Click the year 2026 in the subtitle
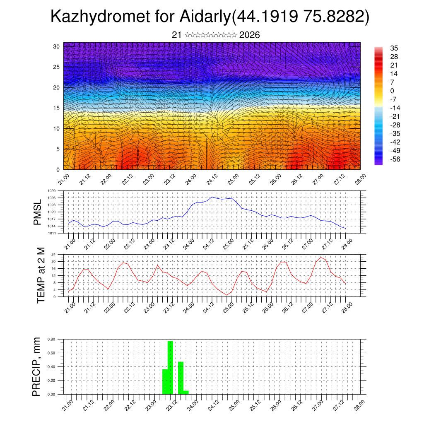[250, 35]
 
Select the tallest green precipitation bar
[170, 367]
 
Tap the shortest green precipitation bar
[186, 392]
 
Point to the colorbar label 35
[394, 48]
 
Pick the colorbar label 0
[392, 91]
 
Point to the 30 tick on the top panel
[57, 46]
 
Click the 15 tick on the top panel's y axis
[57, 108]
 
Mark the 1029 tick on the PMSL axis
[52, 191]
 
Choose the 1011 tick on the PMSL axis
[52, 233]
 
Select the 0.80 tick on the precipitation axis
[52, 339]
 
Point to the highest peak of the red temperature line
[320, 258]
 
